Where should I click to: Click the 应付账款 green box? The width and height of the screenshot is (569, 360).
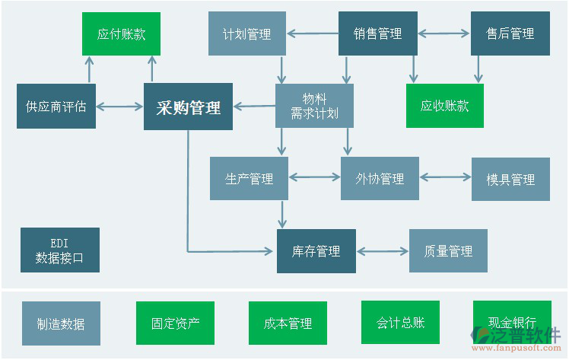121,33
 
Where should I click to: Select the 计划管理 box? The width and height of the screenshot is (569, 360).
247,33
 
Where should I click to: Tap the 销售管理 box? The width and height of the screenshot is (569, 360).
377,33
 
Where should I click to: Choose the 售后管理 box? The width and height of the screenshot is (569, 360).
510,33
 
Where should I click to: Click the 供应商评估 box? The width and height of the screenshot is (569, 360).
56,107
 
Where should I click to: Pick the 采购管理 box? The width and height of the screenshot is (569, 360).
188,107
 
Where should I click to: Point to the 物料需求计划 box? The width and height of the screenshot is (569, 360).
314,106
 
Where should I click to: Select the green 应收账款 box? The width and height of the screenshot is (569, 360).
445,106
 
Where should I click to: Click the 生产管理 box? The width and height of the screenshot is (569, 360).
249,179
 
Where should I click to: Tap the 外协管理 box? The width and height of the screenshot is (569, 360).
380,179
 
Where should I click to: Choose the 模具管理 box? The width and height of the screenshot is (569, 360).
510,180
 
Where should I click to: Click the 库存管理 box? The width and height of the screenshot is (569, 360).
316,251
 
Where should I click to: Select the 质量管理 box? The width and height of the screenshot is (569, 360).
448,251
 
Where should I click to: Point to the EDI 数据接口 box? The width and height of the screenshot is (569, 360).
59,250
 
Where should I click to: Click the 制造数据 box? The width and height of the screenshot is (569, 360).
61,323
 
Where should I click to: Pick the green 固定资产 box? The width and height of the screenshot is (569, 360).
175,323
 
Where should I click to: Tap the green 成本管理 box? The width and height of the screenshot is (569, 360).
288,323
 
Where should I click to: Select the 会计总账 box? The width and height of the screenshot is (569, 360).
400,323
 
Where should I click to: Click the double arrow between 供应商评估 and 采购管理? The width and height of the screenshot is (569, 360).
119,107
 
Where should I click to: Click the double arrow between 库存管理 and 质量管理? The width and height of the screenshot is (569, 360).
383,251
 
